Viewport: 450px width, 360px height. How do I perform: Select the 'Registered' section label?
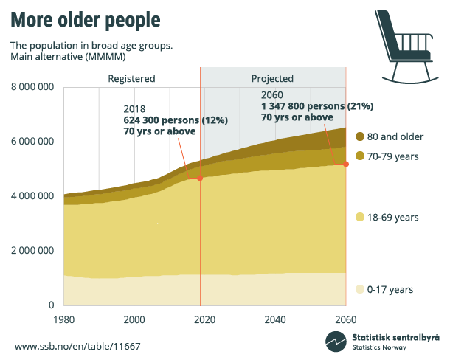(131, 78)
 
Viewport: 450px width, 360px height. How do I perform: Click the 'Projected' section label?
(272, 78)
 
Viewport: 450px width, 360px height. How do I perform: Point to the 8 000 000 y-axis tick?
(32, 87)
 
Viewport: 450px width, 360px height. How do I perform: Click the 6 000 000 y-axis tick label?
(32, 142)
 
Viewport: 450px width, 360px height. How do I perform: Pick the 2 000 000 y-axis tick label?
(32, 251)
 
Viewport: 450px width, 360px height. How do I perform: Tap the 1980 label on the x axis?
(63, 319)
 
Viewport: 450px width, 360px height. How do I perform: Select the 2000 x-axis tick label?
(134, 319)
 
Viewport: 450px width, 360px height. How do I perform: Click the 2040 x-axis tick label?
(275, 319)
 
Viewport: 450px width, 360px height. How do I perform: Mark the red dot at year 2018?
(199, 178)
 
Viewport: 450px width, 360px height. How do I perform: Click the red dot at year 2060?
(346, 164)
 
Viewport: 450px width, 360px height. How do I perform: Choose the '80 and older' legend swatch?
(360, 136)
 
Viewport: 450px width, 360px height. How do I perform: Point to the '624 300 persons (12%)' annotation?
(176, 120)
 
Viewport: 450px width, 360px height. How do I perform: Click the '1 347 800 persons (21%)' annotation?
(315, 106)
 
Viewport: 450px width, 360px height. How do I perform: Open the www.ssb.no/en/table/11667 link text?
(77, 346)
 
